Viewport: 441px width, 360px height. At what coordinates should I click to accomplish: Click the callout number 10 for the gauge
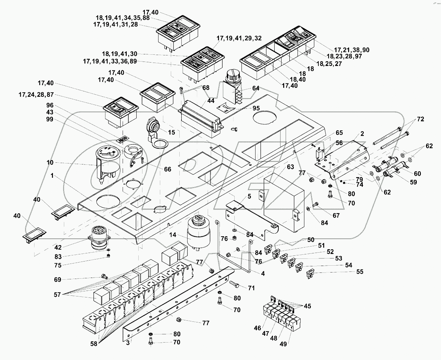coord(50,162)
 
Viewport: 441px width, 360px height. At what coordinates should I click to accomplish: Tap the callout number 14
coord(173,235)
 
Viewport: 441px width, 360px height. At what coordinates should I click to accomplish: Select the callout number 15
coord(171,132)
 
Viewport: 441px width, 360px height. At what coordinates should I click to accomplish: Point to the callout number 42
coord(58,248)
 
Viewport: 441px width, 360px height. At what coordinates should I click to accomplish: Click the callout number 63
coord(290,167)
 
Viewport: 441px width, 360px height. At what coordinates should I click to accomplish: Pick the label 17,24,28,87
coord(36,95)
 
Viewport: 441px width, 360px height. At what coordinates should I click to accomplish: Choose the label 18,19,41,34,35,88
coord(123,18)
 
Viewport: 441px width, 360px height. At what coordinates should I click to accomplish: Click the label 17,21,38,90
coord(352,50)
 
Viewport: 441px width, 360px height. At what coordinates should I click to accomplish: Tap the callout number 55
coord(360,272)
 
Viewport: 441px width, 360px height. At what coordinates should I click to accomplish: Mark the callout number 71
coord(251,288)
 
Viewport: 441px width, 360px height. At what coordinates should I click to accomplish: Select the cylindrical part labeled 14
coord(199,232)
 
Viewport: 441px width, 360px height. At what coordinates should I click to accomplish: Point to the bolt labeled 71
coord(235,284)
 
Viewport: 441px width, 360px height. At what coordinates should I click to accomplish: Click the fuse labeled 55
coord(310,274)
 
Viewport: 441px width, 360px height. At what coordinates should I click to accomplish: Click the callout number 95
coord(256,108)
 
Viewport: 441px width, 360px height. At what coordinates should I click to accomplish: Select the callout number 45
coord(307,306)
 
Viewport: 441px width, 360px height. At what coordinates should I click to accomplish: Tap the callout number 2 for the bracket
coord(362,134)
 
